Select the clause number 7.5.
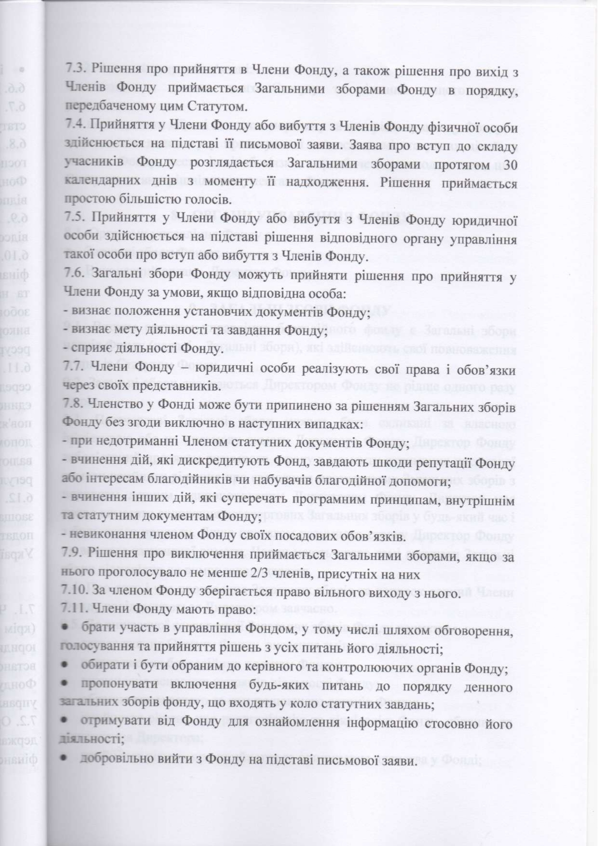(x=75, y=219)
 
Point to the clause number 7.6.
(x=75, y=275)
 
